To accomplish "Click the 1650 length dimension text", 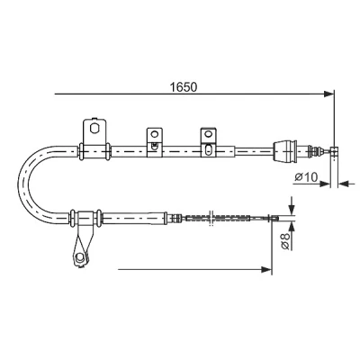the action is coord(184,87).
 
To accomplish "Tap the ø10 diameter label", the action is coord(306,177).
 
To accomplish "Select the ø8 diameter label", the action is coord(285,241).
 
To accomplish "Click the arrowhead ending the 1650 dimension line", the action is coord(328,94).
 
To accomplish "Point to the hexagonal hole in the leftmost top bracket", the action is coord(94,129).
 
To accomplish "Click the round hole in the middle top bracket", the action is coord(155,134).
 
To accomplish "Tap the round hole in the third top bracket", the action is coord(208,133).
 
